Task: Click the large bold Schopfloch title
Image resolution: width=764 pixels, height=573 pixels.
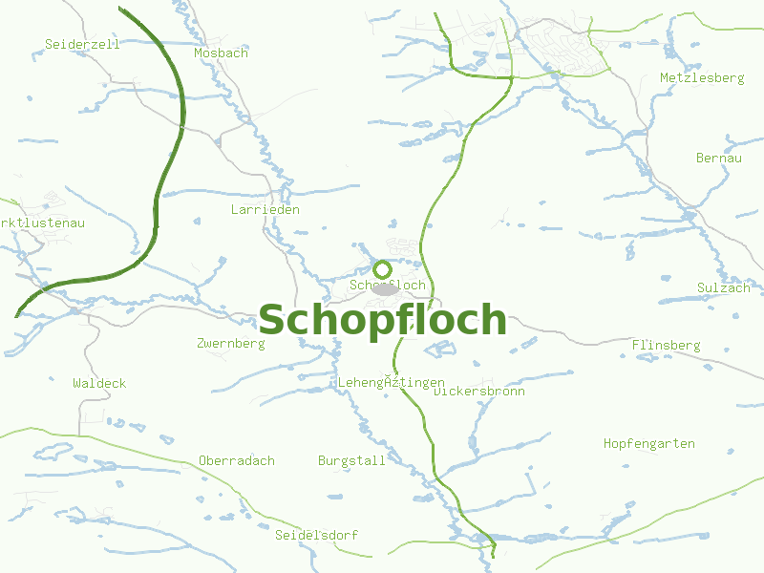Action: click(x=382, y=320)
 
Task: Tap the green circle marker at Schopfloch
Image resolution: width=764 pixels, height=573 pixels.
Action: click(x=382, y=269)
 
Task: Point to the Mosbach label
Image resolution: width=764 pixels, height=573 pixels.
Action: click(x=221, y=53)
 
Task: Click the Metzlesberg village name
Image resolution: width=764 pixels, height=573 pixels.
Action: click(x=702, y=77)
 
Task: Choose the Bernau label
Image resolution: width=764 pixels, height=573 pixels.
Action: click(x=718, y=158)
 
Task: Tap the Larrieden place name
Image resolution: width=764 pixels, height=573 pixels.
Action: click(x=265, y=209)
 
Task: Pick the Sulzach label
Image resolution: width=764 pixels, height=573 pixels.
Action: click(x=723, y=287)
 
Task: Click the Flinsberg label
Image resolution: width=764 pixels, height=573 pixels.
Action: click(x=666, y=345)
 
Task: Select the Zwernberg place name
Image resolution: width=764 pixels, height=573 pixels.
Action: click(x=230, y=343)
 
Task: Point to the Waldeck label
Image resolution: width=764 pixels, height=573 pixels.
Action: click(x=99, y=383)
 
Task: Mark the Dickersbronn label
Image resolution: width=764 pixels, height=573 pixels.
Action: click(x=479, y=391)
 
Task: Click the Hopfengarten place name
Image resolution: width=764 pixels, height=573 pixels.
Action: click(x=648, y=443)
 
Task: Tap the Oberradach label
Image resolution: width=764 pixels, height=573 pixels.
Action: click(x=236, y=460)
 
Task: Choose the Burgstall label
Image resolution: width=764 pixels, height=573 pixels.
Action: click(x=351, y=460)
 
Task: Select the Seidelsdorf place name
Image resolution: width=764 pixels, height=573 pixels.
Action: click(x=316, y=535)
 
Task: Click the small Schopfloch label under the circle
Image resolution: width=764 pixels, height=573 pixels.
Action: click(x=388, y=286)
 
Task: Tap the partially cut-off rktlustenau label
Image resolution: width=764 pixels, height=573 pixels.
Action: click(x=43, y=223)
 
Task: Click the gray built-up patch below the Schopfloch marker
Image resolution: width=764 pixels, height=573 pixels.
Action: click(x=384, y=288)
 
